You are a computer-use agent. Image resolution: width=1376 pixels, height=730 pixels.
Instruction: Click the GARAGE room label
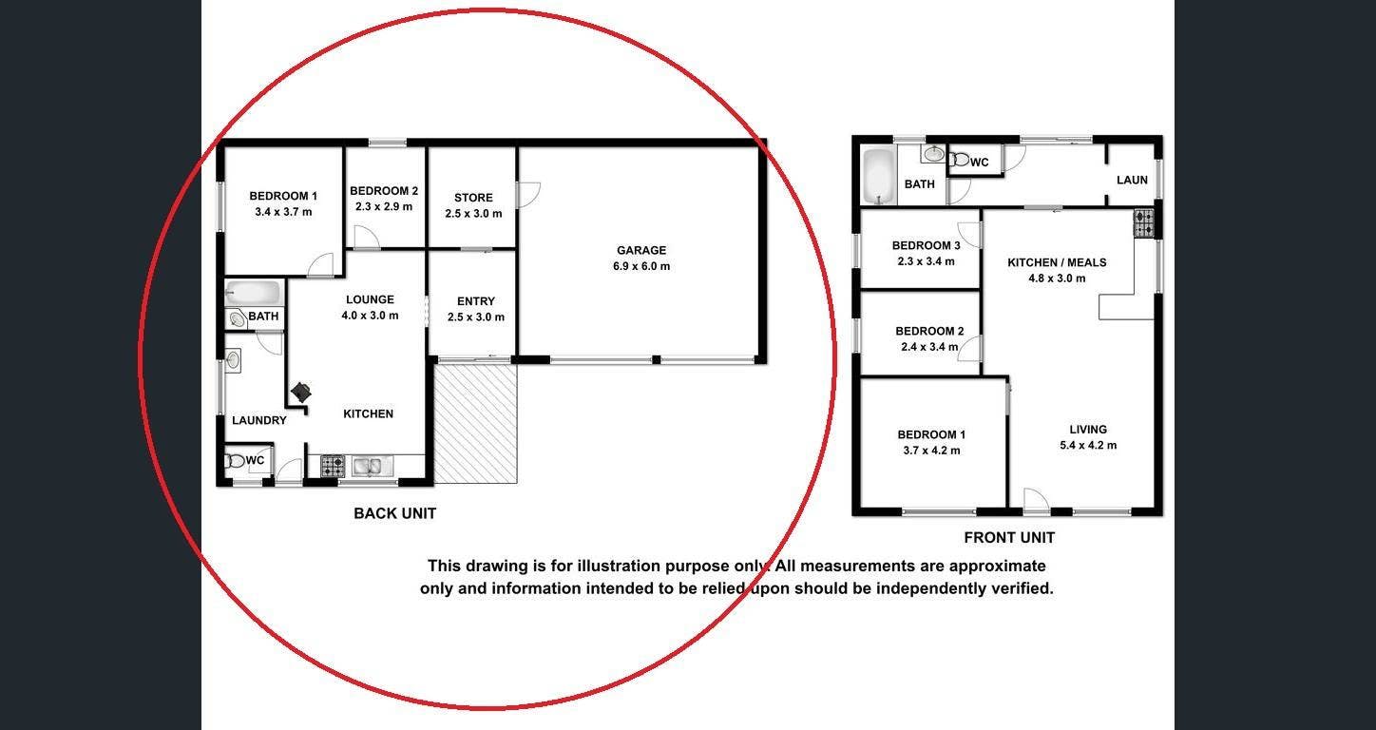click(641, 250)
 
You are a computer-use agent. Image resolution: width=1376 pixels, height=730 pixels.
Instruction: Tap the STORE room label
click(473, 198)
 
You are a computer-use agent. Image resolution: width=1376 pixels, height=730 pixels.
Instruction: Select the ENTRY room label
click(476, 301)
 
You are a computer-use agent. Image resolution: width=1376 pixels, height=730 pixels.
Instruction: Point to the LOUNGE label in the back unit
click(370, 299)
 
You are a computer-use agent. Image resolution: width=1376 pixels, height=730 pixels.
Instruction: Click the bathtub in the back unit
click(253, 293)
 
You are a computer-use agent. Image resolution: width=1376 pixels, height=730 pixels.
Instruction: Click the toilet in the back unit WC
click(236, 460)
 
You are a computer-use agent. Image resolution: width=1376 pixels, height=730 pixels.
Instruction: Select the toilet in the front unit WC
click(958, 161)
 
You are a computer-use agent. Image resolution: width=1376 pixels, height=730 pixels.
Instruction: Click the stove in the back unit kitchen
click(333, 466)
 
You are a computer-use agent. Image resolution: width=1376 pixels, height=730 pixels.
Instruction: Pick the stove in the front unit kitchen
click(1144, 223)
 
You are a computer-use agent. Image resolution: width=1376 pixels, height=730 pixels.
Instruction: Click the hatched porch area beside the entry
click(475, 424)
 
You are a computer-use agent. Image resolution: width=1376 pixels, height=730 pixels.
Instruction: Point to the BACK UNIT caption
click(395, 513)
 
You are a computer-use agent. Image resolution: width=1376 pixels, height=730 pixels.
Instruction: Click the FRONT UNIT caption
click(1009, 538)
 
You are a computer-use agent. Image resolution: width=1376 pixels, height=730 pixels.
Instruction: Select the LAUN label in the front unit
click(1132, 180)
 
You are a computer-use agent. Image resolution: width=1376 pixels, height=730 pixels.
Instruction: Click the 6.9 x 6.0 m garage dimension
click(641, 266)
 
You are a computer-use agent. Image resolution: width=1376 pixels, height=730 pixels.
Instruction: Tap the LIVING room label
click(1088, 430)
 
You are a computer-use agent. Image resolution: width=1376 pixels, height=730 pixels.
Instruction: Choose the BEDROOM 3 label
click(926, 245)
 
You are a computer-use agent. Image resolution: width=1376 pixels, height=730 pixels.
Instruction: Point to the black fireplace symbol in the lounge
click(301, 392)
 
